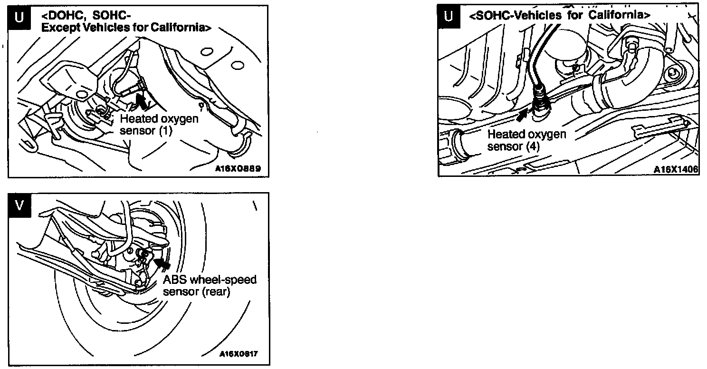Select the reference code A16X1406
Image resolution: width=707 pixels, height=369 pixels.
point(676,169)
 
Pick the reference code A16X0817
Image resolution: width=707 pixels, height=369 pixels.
point(238,354)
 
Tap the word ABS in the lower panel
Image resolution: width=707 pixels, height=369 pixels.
point(173,279)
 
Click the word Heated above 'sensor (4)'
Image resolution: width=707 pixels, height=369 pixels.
point(505,135)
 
